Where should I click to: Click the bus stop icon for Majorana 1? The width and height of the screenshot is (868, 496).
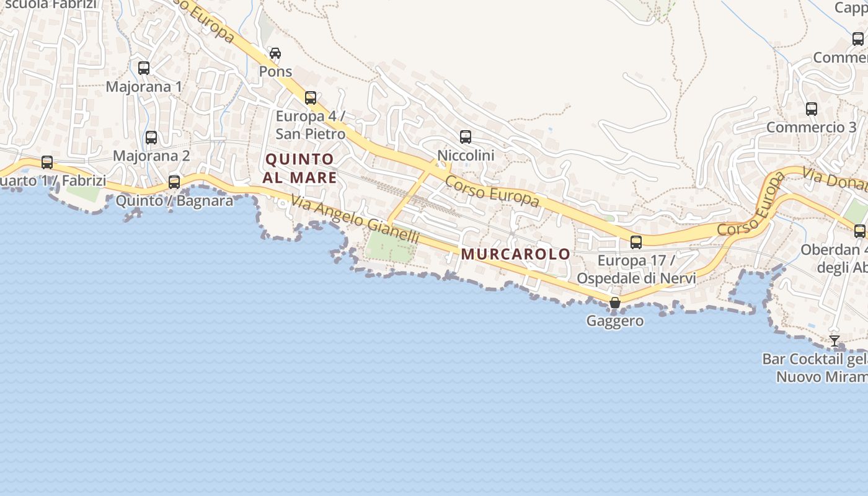pos(144,68)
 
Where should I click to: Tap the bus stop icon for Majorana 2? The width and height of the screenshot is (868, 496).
pos(151,138)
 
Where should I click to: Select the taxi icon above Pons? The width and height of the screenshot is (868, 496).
pos(275,53)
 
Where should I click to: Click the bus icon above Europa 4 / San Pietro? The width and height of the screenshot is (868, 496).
pos(311,98)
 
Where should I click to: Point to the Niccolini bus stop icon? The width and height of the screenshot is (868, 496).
pos(466,137)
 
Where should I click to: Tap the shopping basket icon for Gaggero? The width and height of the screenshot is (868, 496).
pos(615,303)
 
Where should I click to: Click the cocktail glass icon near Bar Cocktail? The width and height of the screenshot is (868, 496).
pos(835,341)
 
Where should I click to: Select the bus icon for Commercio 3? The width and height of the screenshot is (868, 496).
pos(812,109)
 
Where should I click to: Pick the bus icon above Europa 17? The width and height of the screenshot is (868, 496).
pos(636,242)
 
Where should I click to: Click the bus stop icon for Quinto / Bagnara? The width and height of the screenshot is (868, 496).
pos(174,182)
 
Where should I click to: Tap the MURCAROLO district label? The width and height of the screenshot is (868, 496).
pos(515,254)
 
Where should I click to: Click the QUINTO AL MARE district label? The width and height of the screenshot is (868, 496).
pos(300,169)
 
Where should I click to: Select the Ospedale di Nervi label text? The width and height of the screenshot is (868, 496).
pos(636,278)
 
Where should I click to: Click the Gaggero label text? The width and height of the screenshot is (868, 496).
pos(615,321)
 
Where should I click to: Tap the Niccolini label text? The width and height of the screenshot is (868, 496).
pos(466,155)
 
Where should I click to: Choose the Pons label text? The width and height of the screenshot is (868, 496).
pos(275,71)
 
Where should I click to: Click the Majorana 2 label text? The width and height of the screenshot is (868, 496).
pos(151,156)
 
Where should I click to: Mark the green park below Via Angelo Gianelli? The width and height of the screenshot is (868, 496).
pos(390,246)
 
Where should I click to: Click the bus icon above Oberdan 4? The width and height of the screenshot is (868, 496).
pos(860,231)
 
